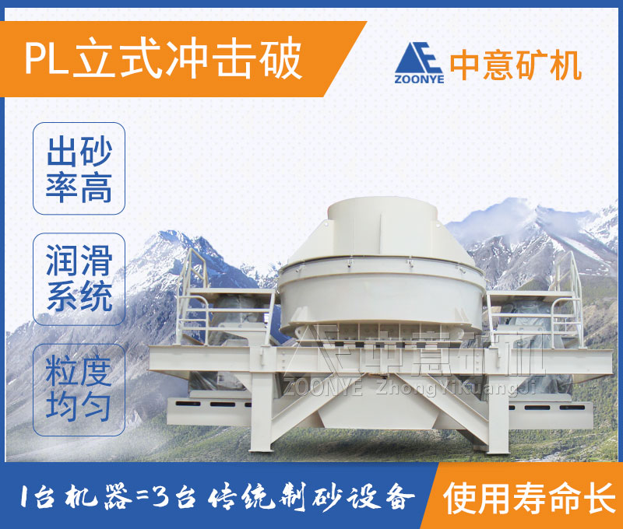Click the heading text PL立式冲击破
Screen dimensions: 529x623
pyautogui.click(x=164, y=61)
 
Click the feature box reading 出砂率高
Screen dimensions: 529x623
pyautogui.click(x=79, y=169)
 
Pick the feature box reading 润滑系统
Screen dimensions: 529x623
pyautogui.click(x=79, y=279)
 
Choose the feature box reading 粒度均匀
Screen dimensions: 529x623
pyautogui.click(x=79, y=390)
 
